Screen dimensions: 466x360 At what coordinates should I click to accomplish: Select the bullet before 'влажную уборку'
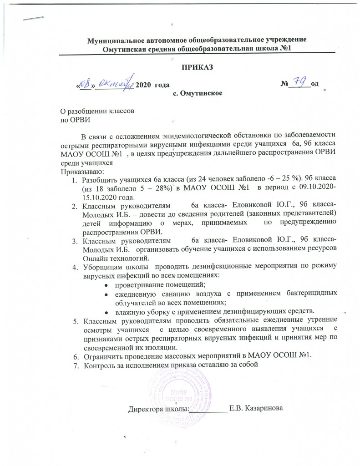tap(106, 312)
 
